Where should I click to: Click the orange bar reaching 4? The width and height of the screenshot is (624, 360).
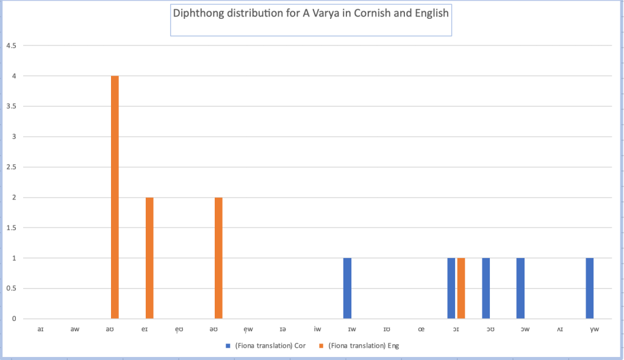point(115,197)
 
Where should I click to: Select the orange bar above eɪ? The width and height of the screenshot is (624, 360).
point(149,257)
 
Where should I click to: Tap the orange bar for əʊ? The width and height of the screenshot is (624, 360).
point(218,257)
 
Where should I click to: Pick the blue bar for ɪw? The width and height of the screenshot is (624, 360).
point(347,288)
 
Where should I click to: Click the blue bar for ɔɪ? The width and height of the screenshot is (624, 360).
point(451,288)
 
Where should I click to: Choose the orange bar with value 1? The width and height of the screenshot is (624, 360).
point(461,288)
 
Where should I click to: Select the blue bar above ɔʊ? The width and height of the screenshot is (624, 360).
point(486,288)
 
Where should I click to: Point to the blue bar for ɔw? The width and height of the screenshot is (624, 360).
point(520,288)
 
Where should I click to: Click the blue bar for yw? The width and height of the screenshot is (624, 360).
point(589,288)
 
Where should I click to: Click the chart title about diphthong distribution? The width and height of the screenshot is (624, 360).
point(311,13)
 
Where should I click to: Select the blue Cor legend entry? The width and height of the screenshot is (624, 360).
point(266,346)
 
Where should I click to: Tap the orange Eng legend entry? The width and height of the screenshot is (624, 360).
point(360,346)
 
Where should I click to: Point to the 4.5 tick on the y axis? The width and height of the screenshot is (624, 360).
point(10,46)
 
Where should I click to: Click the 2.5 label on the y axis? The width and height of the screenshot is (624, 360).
point(10,167)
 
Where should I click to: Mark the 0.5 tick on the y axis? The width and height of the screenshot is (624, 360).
point(10,289)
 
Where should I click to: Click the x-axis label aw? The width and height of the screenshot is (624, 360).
point(74,329)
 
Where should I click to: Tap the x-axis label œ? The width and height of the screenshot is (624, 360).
point(421,329)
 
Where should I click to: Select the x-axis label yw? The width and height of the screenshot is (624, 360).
point(594,329)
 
